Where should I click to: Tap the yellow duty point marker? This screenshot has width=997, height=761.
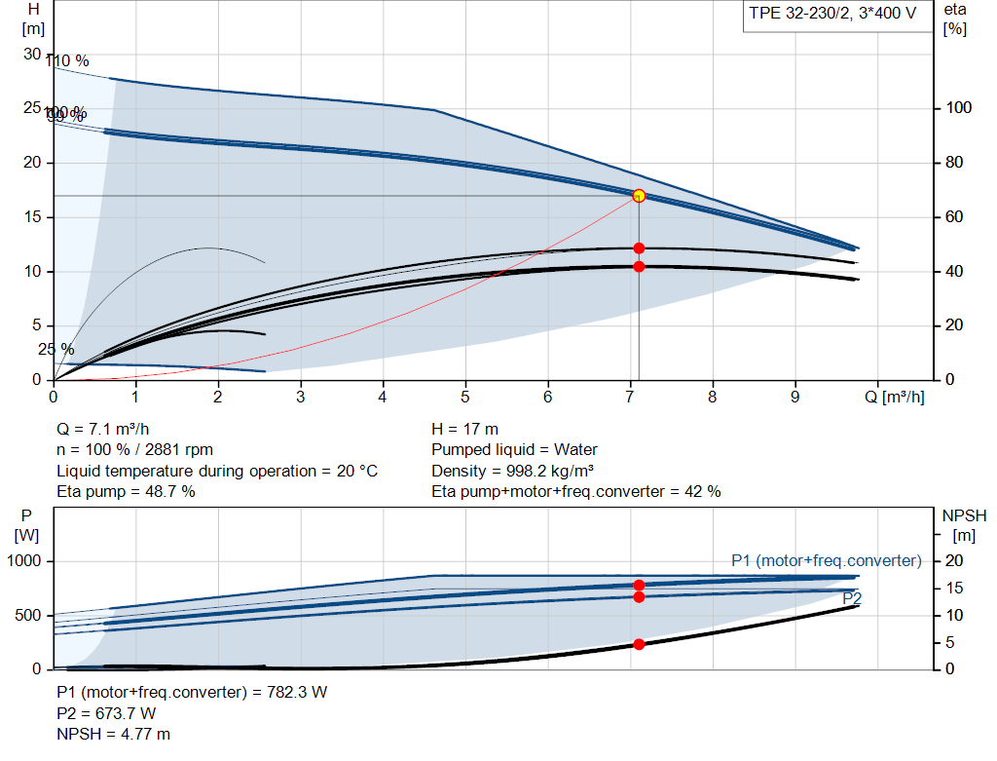coord(639,196)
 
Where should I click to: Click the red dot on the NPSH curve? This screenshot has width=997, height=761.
coord(639,644)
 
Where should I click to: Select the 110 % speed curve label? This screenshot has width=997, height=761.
coord(67,61)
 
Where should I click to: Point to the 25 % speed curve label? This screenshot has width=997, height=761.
coord(56,349)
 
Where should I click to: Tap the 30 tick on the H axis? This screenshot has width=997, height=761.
coord(32,54)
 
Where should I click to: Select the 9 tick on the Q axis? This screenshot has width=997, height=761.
coord(795,397)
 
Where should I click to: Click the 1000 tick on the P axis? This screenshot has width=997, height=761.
coord(25,561)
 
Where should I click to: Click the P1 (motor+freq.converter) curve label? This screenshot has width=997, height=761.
coord(826,560)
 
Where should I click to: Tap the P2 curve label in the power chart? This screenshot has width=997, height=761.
coord(852,597)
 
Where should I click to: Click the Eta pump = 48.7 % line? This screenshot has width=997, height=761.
coord(126,492)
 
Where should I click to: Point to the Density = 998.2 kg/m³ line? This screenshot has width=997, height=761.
coord(512,471)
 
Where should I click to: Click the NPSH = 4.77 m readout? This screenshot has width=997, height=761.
coord(113,734)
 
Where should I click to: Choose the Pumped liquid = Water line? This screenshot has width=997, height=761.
coord(514,450)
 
